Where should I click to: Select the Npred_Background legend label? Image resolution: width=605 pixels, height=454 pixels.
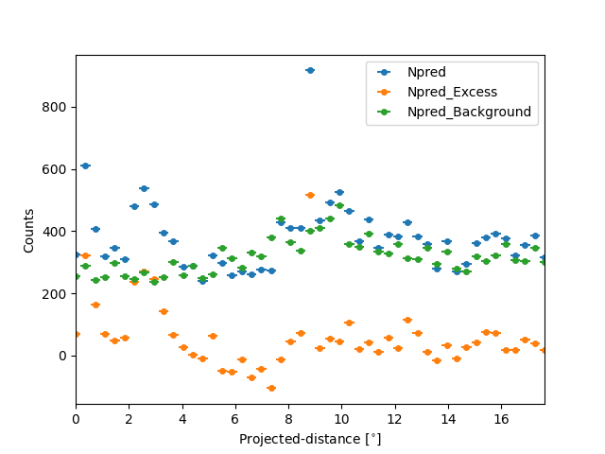tap(469, 112)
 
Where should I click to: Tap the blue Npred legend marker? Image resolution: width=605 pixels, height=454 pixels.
tap(383, 72)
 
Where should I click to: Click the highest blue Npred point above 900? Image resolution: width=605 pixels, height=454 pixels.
tap(310, 70)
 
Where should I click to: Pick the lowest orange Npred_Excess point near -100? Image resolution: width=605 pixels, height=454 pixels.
tap(271, 388)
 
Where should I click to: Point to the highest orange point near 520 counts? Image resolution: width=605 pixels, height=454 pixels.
tap(310, 195)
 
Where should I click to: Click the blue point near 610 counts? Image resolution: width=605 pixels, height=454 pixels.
tap(85, 166)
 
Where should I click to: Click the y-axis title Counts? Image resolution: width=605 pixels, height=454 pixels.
tap(30, 231)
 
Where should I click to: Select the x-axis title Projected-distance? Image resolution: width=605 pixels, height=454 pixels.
tap(309, 439)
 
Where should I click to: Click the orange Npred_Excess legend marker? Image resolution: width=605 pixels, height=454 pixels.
tap(383, 92)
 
